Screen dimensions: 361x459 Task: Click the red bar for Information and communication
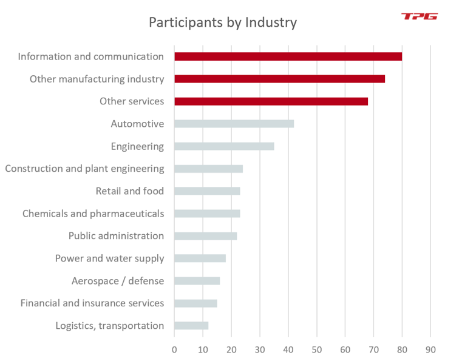(x=288, y=56)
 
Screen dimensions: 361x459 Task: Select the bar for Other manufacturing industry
(x=279, y=79)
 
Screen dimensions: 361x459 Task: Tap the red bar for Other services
(x=271, y=101)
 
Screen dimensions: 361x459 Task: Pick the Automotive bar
(x=234, y=124)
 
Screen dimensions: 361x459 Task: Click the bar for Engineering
(x=224, y=146)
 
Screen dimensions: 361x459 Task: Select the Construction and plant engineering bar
(x=208, y=169)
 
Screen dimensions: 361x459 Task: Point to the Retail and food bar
(x=207, y=191)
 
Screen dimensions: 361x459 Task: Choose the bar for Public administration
(x=205, y=236)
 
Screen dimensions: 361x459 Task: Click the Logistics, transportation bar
(x=191, y=326)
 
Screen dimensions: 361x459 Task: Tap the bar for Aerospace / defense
(x=197, y=281)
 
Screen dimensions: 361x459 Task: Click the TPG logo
(x=419, y=16)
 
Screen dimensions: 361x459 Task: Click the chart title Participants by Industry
(x=223, y=23)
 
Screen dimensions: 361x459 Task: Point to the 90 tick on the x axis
(x=430, y=349)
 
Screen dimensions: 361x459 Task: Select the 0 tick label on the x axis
(x=174, y=349)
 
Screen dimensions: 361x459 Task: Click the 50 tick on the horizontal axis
(x=316, y=349)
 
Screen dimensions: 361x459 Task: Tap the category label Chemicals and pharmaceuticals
(x=93, y=214)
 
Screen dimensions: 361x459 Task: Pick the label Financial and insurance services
(x=92, y=303)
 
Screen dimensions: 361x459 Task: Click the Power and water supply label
(x=109, y=258)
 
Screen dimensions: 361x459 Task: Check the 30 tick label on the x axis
(x=260, y=349)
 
